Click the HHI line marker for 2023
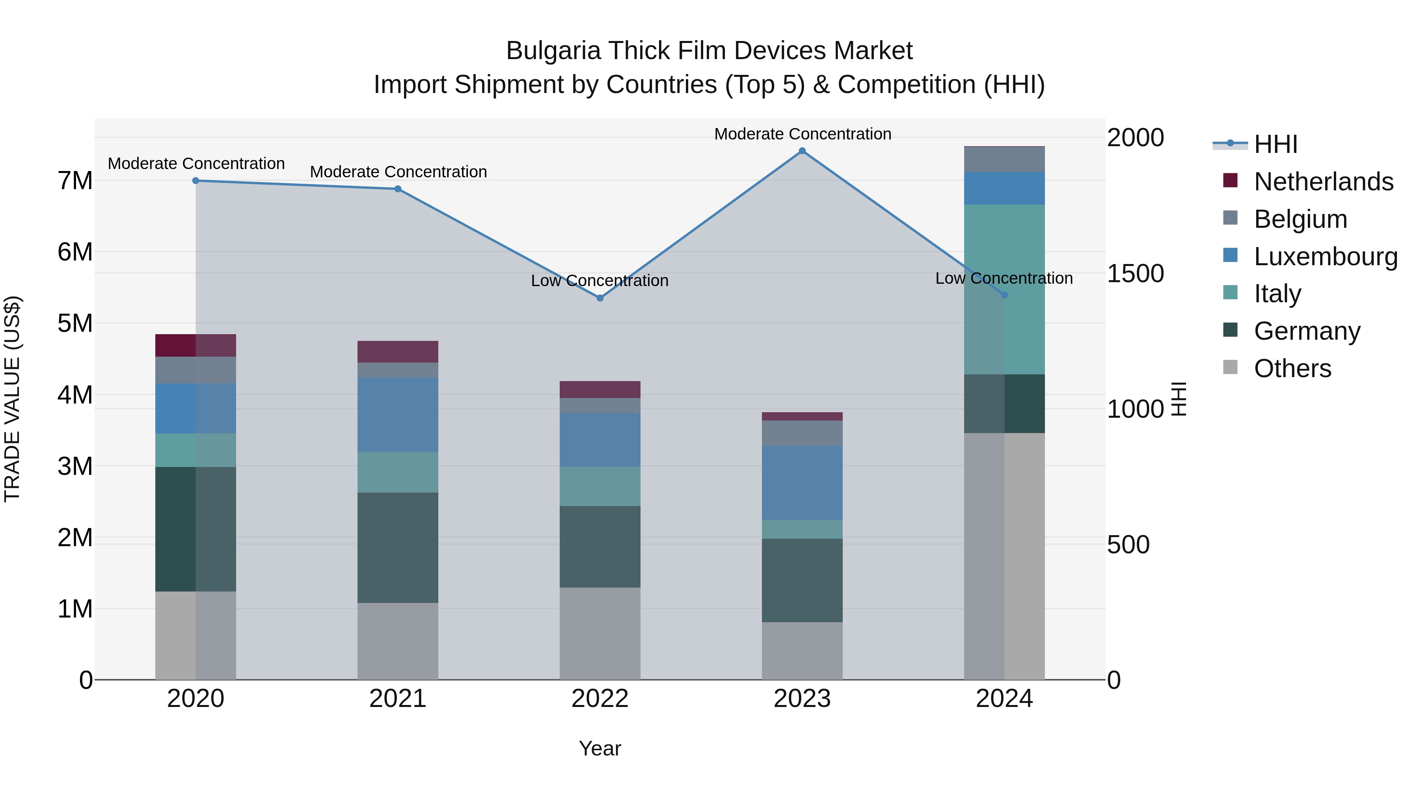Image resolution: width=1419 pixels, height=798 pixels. (x=802, y=151)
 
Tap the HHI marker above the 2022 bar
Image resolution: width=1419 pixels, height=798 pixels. (x=600, y=298)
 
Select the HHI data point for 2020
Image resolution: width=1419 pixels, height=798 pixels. (x=196, y=180)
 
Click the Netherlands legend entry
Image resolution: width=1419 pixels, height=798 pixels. (x=1323, y=181)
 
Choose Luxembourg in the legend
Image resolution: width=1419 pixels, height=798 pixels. (x=1325, y=256)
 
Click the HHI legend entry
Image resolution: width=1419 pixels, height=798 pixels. (x=1275, y=144)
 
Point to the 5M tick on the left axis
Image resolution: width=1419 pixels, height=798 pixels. (x=75, y=323)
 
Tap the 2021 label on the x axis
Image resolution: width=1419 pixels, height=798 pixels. (x=398, y=699)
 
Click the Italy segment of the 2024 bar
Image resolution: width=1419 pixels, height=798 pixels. (x=1004, y=289)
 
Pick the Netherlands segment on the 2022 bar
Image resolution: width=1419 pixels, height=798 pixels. (x=600, y=389)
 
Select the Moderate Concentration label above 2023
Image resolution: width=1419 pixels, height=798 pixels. (x=802, y=134)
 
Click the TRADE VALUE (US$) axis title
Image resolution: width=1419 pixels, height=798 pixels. (x=12, y=399)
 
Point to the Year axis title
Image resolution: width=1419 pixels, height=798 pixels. (x=600, y=748)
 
